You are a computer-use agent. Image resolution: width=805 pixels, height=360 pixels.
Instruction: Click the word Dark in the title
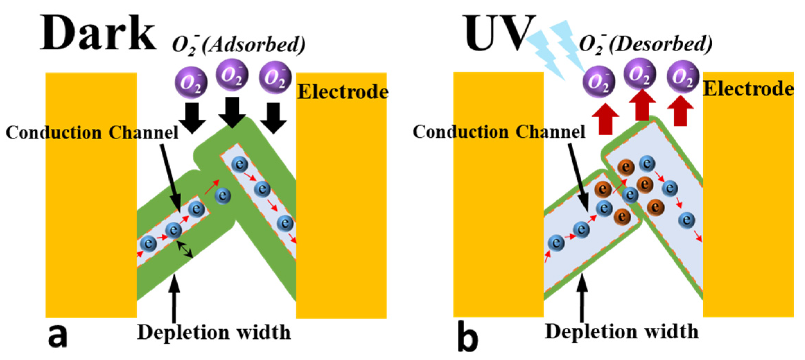pyautogui.click(x=98, y=34)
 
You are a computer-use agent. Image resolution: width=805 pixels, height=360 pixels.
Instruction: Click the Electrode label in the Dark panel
pyautogui.click(x=343, y=92)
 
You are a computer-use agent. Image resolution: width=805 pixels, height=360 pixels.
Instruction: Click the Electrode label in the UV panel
pyautogui.click(x=748, y=89)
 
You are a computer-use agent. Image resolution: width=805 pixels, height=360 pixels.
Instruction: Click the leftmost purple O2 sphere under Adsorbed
pyautogui.click(x=191, y=83)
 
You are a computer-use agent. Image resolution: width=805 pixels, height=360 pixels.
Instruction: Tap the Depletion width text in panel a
pyautogui.click(x=214, y=333)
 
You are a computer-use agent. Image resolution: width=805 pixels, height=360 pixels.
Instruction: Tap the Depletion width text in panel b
pyautogui.click(x=621, y=332)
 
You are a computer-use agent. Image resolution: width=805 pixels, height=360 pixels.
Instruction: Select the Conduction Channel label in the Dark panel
pyautogui.click(x=92, y=133)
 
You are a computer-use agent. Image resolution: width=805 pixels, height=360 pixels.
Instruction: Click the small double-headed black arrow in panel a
pyautogui.click(x=185, y=249)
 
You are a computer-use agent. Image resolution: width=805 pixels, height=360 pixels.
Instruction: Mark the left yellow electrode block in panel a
pyautogui.click(x=91, y=195)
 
